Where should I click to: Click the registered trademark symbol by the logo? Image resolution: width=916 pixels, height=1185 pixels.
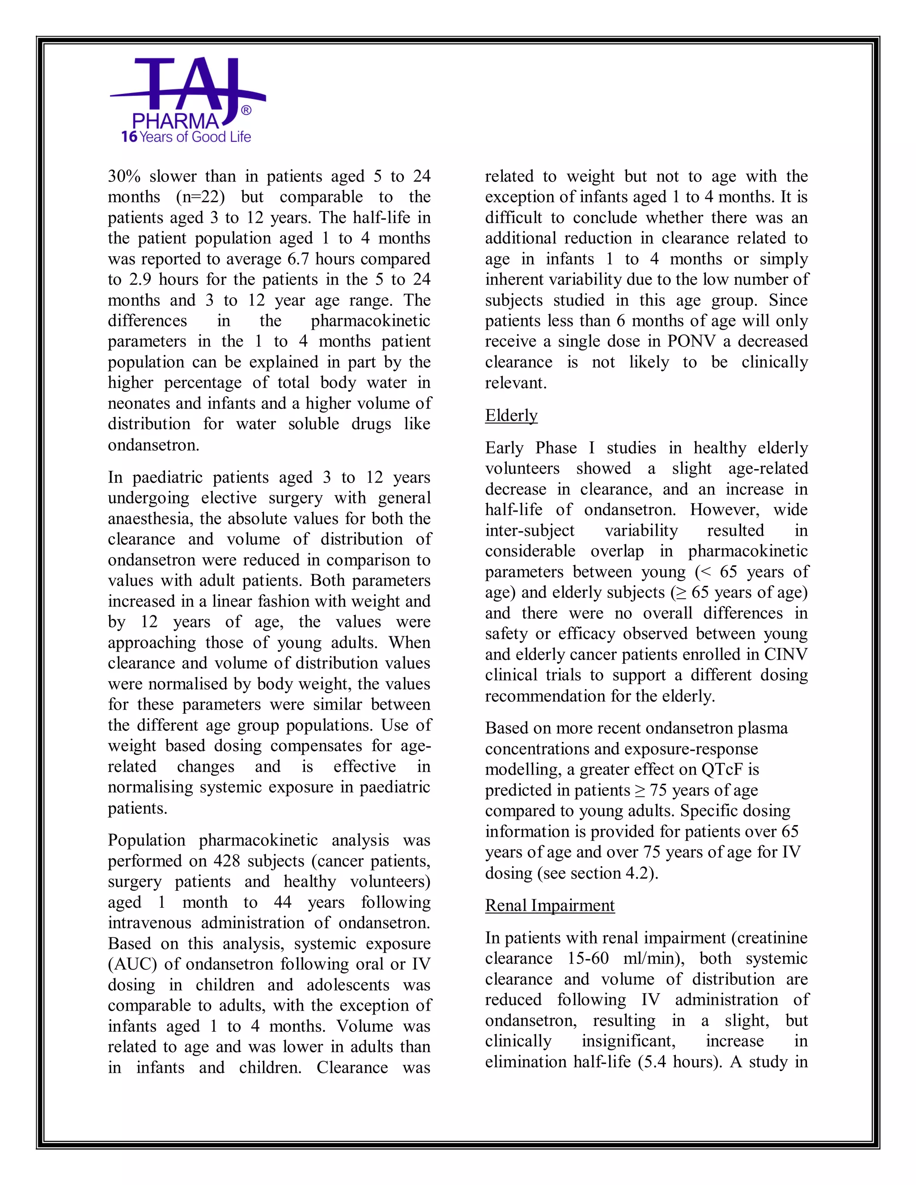tap(246, 111)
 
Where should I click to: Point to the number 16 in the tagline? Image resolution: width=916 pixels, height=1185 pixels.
tap(129, 137)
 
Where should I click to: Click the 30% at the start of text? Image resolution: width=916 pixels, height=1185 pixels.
tap(124, 176)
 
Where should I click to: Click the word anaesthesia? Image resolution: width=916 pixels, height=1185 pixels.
tap(150, 519)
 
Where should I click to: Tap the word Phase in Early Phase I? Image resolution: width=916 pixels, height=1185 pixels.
tap(556, 448)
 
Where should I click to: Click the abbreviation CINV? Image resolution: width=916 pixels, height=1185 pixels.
tap(786, 654)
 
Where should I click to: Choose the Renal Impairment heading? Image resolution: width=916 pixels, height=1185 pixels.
tap(550, 906)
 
